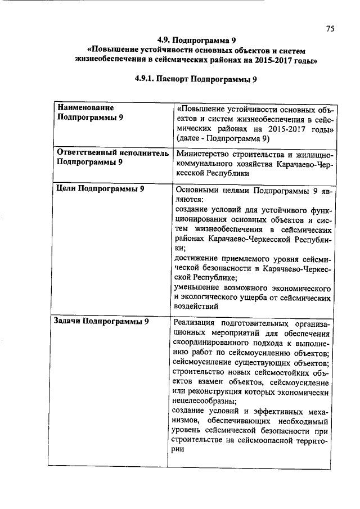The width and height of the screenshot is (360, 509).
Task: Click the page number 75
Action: pos(330,29)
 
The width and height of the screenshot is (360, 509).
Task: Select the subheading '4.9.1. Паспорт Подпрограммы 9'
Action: pos(196,79)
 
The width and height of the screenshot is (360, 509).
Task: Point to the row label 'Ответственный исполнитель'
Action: pos(110,152)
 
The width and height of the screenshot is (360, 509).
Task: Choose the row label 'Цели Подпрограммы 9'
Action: pos(98,189)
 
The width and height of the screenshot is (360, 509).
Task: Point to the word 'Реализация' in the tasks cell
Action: pos(195,322)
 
